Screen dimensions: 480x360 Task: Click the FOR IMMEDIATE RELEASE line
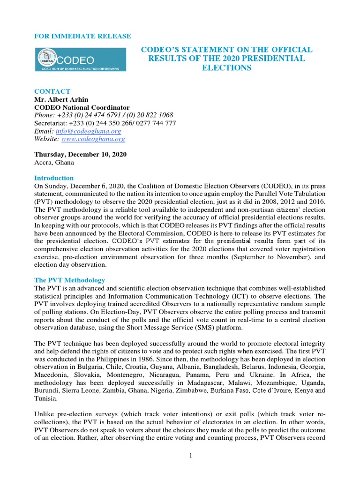pos(83,36)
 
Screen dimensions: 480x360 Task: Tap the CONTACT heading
pos(52,91)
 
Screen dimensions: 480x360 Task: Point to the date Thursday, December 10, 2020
pos(80,154)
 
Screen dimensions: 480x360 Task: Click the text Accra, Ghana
pos(54,162)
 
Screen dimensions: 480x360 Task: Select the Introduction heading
pos(54,178)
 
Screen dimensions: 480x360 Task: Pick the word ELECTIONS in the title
pos(227,68)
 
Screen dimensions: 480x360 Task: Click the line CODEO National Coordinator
pos(82,107)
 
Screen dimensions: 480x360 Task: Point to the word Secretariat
pos(50,123)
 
